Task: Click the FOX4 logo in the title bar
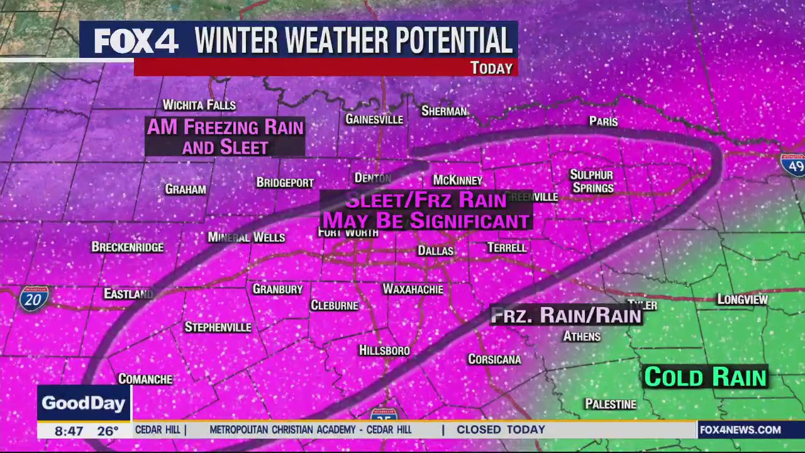pyautogui.click(x=136, y=41)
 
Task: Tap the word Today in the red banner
pyautogui.click(x=491, y=68)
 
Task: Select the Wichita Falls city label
pyautogui.click(x=199, y=105)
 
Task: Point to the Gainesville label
pyautogui.click(x=374, y=120)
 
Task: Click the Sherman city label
pyautogui.click(x=444, y=111)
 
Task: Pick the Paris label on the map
pyautogui.click(x=603, y=121)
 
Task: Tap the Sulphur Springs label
pyautogui.click(x=591, y=181)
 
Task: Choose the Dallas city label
pyautogui.click(x=435, y=250)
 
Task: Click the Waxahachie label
pyautogui.click(x=413, y=289)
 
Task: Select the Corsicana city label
pyautogui.click(x=494, y=359)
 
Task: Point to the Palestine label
pyautogui.click(x=610, y=404)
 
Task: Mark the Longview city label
pyautogui.click(x=742, y=299)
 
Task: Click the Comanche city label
pyautogui.click(x=145, y=379)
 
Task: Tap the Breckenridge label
pyautogui.click(x=128, y=247)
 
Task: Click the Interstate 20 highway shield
pyautogui.click(x=33, y=299)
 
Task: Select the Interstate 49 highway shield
pyautogui.click(x=792, y=164)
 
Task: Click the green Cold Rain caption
pyautogui.click(x=705, y=377)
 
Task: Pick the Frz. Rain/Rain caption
pyautogui.click(x=565, y=315)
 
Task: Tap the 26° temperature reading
pyautogui.click(x=108, y=431)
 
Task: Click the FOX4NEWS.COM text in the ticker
pyautogui.click(x=740, y=430)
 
